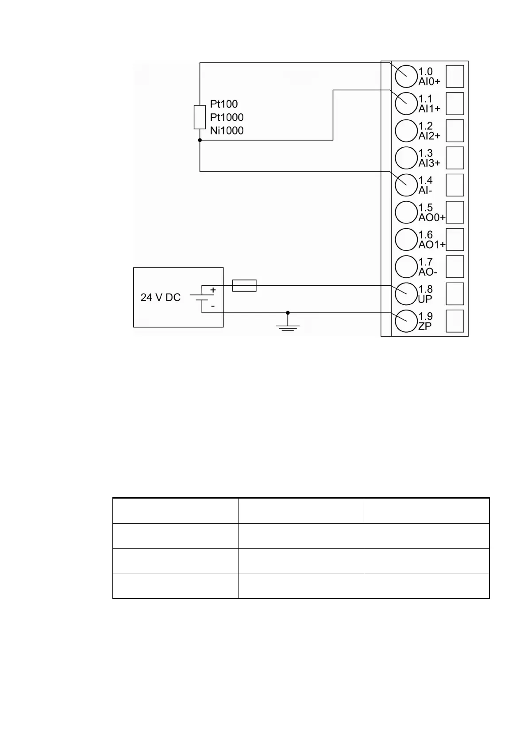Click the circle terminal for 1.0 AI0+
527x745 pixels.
click(406, 77)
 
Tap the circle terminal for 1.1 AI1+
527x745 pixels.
click(406, 104)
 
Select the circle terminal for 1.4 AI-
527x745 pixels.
click(406, 185)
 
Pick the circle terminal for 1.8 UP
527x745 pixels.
click(406, 294)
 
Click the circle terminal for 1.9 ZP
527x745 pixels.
click(406, 322)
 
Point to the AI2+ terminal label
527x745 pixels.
click(429, 136)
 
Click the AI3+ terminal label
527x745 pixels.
click(429, 163)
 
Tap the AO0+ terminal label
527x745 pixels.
click(432, 218)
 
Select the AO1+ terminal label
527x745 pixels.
click(432, 245)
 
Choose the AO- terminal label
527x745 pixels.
click(428, 272)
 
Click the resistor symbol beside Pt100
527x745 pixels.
click(200, 117)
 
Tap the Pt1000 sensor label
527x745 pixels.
click(227, 117)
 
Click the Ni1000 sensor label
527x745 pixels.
click(227, 131)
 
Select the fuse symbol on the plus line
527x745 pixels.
click(244, 286)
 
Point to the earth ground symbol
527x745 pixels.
click(288, 326)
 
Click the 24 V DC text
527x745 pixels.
click(161, 298)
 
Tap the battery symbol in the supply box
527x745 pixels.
click(202, 298)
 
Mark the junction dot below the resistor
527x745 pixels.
click(200, 140)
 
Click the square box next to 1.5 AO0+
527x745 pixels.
click(455, 212)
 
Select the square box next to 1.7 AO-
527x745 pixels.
click(455, 267)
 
